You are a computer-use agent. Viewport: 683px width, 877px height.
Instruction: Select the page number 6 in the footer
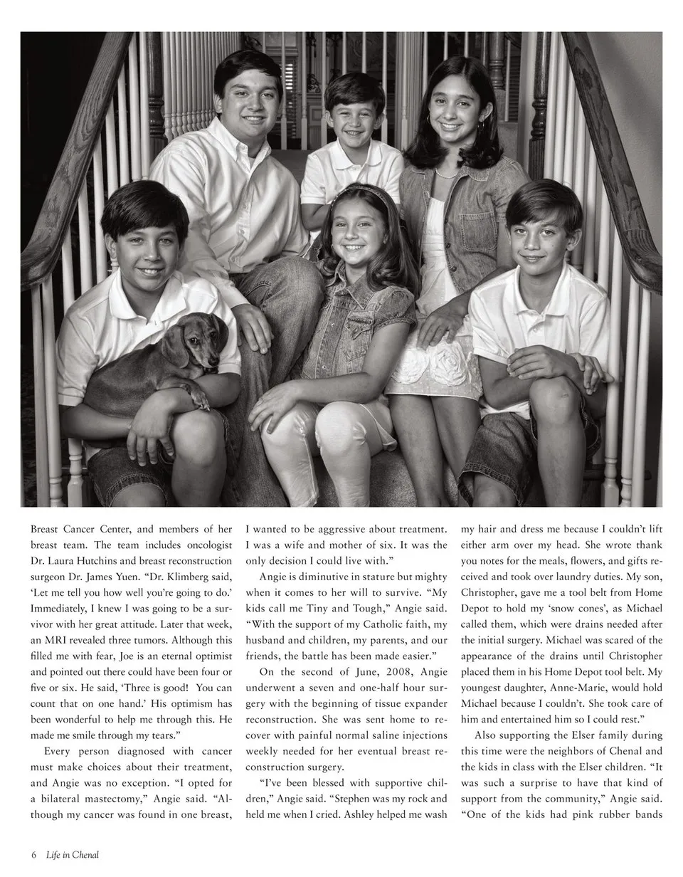[x=33, y=855]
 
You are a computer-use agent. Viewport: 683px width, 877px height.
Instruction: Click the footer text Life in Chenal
[x=72, y=855]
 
